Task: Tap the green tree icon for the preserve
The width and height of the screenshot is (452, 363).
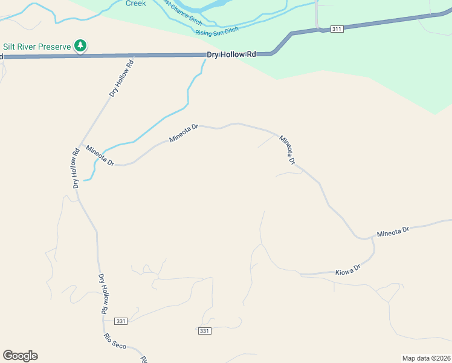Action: point(80,45)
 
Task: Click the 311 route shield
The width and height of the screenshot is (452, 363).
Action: point(337,28)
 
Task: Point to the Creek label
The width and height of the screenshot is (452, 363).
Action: point(136,3)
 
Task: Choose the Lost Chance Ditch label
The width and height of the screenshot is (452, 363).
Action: point(181,13)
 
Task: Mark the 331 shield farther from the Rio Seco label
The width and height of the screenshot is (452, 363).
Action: point(204,330)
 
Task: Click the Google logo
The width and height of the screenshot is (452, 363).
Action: point(20,356)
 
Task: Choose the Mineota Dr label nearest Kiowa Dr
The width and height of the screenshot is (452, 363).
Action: point(393,232)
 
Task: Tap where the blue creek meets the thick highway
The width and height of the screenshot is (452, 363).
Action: point(204,56)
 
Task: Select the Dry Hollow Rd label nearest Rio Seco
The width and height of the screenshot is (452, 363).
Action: point(103,293)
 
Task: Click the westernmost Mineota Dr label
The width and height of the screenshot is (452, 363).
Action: point(100,156)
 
